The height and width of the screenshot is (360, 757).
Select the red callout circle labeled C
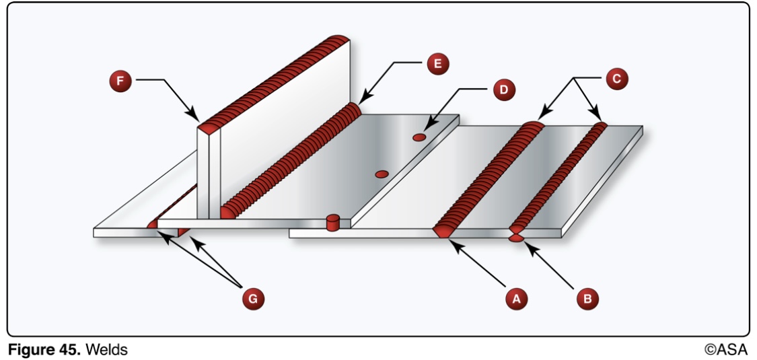click(615, 79)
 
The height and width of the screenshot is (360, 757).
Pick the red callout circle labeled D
click(502, 89)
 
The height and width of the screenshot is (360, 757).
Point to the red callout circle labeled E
click(437, 65)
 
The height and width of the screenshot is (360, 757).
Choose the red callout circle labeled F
click(121, 81)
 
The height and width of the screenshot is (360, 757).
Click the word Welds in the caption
click(106, 349)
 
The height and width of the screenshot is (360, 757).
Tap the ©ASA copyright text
click(725, 349)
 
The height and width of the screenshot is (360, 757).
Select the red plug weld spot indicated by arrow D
click(419, 138)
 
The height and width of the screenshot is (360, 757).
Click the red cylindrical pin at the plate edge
click(331, 222)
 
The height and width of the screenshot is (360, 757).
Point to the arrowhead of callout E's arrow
click(361, 101)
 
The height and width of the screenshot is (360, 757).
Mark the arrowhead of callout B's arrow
click(527, 245)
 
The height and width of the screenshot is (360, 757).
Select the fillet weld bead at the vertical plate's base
click(289, 161)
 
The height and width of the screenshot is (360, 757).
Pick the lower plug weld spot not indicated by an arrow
click(382, 174)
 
